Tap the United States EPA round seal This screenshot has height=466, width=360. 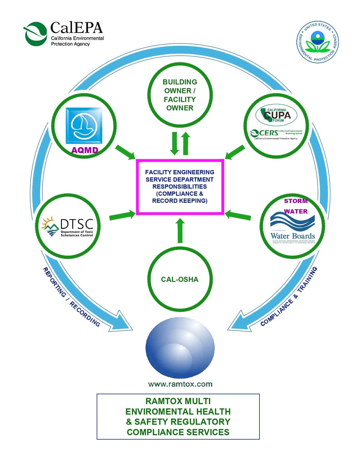[x=318, y=42]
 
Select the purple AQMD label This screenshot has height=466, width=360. [x=85, y=150]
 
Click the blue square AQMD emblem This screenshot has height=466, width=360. [x=84, y=126]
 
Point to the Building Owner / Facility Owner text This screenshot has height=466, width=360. [x=180, y=95]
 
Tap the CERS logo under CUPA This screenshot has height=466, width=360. [x=276, y=133]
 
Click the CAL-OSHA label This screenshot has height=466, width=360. [x=180, y=279]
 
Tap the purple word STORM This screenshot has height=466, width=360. [x=296, y=201]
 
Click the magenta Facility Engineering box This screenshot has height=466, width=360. [x=180, y=187]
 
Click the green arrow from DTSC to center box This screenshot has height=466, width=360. [x=122, y=215]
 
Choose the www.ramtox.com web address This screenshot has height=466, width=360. [x=180, y=384]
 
